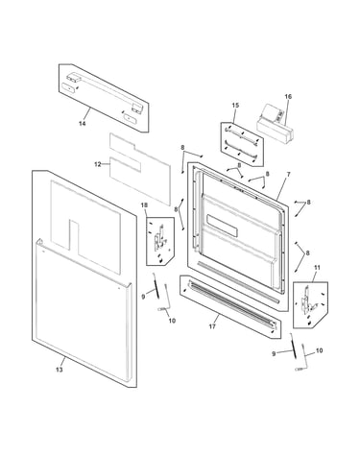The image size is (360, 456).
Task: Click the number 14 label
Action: coord(83,124)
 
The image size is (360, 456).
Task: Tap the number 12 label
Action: coord(98,164)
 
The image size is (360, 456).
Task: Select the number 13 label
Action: coord(60,370)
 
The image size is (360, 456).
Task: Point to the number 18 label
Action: coord(144,204)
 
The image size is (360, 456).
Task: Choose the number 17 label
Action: coord(212,326)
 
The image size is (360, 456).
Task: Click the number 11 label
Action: coord(317,267)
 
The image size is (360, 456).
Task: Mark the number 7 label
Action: coord(288,175)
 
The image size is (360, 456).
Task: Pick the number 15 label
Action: coord(235,106)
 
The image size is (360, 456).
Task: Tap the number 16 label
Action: coord(288,96)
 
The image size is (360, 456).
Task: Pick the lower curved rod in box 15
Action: coord(241,149)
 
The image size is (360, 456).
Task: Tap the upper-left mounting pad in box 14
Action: coord(69,87)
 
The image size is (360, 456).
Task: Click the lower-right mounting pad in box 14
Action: coord(130,118)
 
